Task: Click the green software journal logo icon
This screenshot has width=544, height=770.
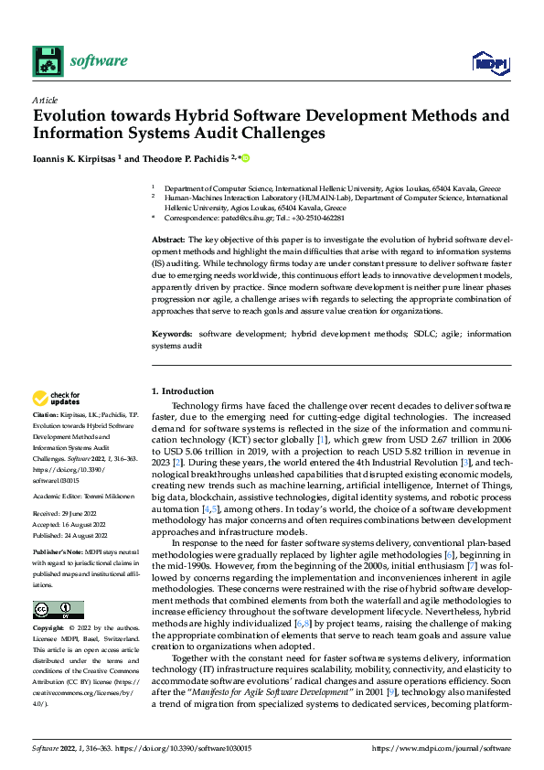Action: pos(47,61)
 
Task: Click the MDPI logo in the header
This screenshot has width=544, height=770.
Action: pos(489,61)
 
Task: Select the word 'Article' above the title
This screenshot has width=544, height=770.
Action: pos(45,100)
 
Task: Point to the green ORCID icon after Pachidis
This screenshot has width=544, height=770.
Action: pos(245,158)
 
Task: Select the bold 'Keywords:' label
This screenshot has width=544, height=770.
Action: pos(174,334)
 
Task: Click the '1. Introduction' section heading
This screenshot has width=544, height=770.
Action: pos(183,390)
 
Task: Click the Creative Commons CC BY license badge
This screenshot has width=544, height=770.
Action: pos(58,609)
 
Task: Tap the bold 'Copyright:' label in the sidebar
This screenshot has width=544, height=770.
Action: pos(51,629)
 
